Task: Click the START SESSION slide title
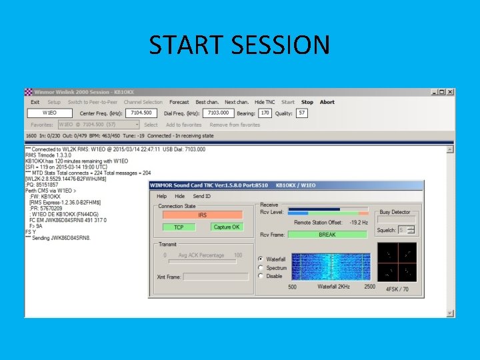tap(239, 45)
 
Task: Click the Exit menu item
tap(35, 102)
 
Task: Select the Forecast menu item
tap(179, 102)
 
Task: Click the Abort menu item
tap(327, 102)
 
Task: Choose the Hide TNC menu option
tap(265, 102)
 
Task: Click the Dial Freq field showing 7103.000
tap(219, 113)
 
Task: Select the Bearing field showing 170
tap(265, 113)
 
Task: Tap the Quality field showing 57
tap(302, 113)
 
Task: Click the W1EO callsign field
tap(50, 113)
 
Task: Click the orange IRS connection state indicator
tap(203, 215)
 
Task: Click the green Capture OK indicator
tap(226, 227)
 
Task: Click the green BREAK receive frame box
tap(327, 235)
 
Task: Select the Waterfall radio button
tap(261, 259)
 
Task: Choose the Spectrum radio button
tap(261, 267)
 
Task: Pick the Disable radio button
tap(261, 276)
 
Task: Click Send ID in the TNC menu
tap(201, 197)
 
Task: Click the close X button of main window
tap(451, 92)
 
